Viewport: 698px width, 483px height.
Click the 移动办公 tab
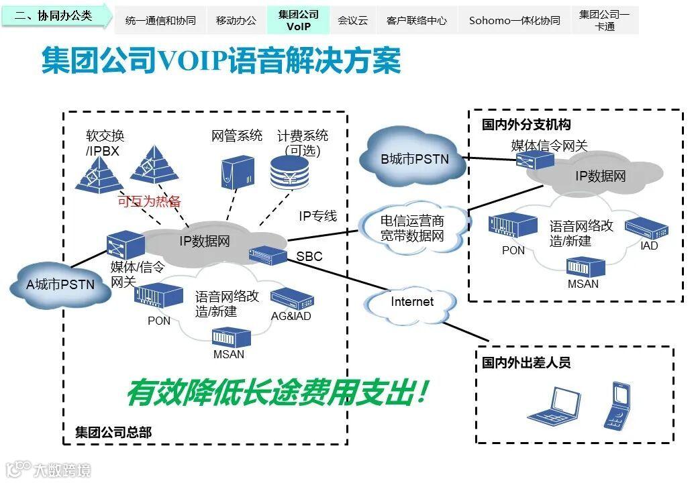click(x=236, y=21)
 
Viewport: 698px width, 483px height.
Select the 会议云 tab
click(x=352, y=21)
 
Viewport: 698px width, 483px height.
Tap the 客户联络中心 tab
click(x=416, y=21)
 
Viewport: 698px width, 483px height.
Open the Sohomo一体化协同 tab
click(x=514, y=21)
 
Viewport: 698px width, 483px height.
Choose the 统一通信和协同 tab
click(x=160, y=21)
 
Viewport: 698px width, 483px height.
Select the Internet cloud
click(x=411, y=302)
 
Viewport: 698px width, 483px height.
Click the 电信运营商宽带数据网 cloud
click(x=411, y=228)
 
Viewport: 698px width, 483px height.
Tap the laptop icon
click(x=554, y=405)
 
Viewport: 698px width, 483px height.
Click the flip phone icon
click(x=618, y=405)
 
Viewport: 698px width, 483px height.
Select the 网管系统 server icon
click(x=238, y=171)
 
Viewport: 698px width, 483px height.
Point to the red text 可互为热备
click(x=149, y=201)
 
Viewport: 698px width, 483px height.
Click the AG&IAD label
click(x=291, y=316)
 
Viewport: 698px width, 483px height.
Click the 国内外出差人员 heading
click(x=526, y=363)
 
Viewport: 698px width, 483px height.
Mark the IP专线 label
click(x=317, y=216)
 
